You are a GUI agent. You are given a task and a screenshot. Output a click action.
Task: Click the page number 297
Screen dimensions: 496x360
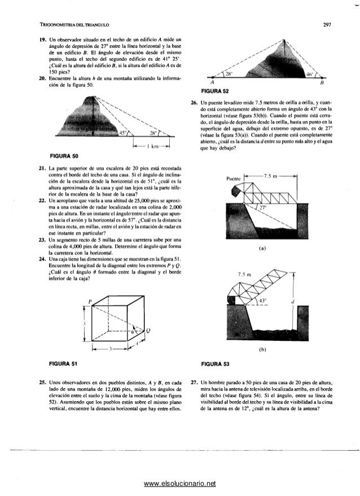coord(326,24)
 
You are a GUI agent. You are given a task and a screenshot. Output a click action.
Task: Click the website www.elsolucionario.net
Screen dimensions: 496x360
coord(180,484)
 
